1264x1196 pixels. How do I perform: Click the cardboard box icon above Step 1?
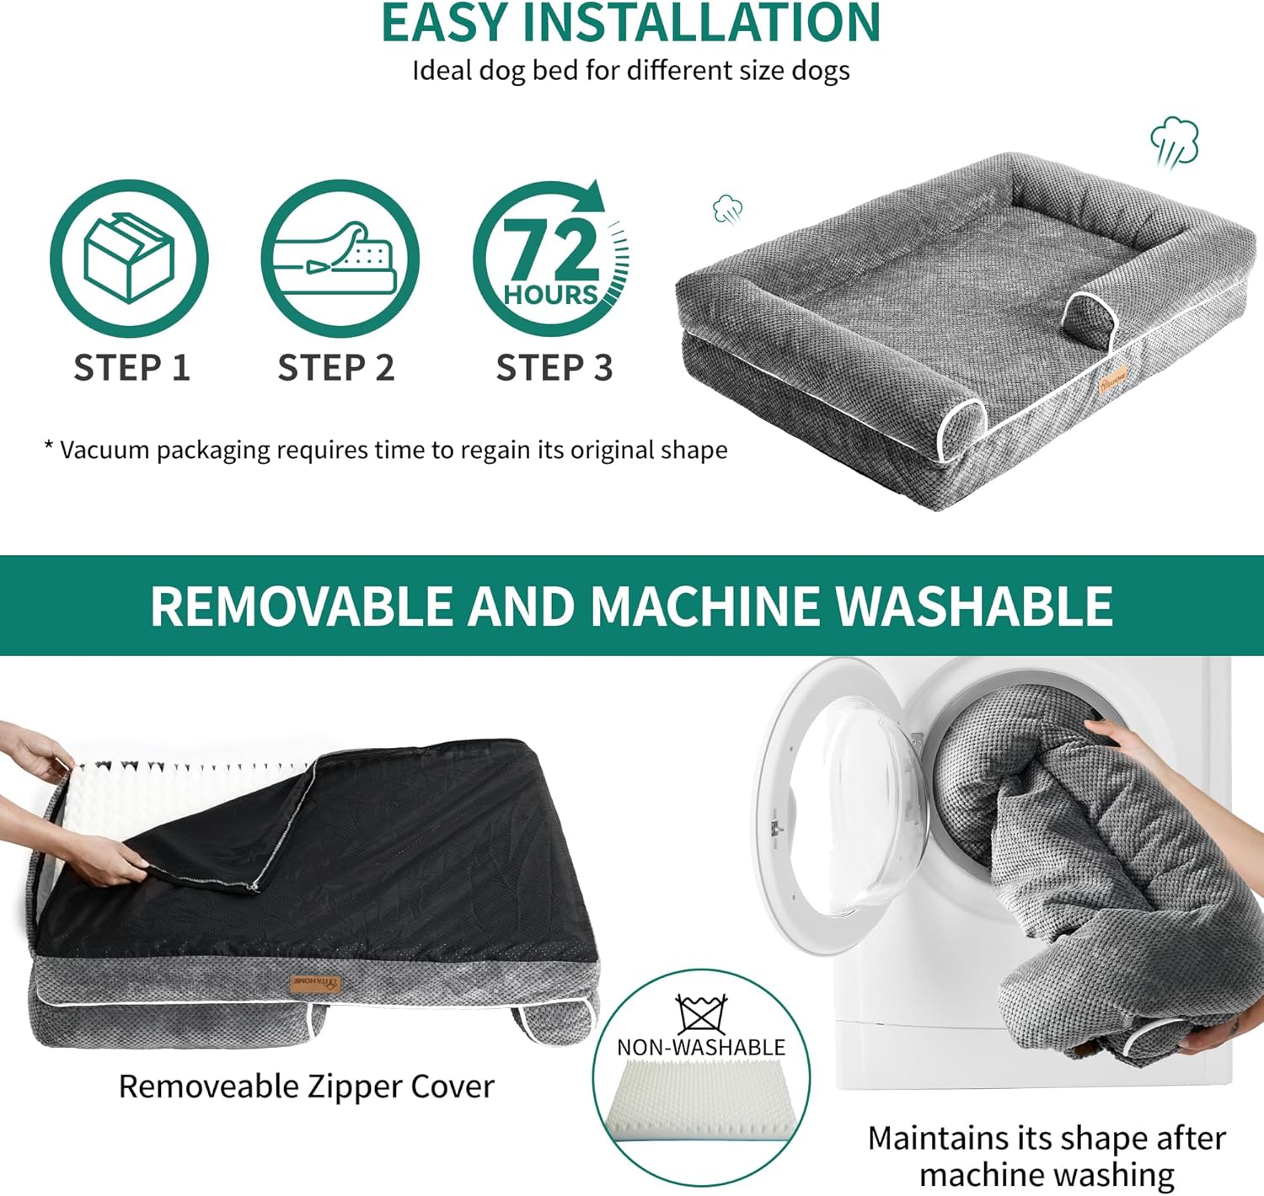click(x=129, y=258)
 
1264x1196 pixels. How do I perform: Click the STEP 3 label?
click(x=554, y=367)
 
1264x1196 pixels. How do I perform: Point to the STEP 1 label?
click(x=131, y=367)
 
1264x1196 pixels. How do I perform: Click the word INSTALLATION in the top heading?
click(x=701, y=23)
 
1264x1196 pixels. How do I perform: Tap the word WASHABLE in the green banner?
click(x=973, y=606)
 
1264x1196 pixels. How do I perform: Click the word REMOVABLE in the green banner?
click(x=302, y=606)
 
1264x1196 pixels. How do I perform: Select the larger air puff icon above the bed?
click(x=1175, y=142)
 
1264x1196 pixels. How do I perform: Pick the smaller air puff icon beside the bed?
click(x=728, y=209)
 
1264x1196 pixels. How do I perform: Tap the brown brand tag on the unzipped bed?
click(x=315, y=983)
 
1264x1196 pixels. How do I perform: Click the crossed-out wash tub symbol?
click(x=701, y=1014)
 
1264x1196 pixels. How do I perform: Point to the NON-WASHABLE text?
click(x=701, y=1048)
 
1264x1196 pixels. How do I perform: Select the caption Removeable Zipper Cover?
click(x=307, y=1087)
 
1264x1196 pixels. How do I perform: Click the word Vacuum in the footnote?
click(x=104, y=450)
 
